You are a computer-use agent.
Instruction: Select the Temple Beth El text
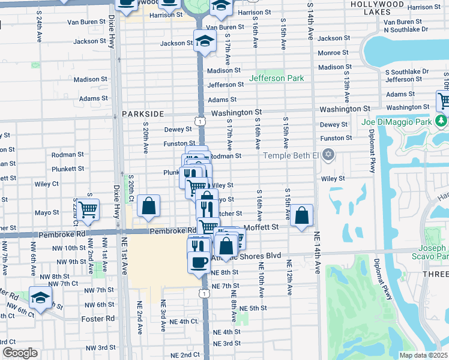[x=291, y=156]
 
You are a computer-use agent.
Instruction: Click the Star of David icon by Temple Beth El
[x=327, y=156]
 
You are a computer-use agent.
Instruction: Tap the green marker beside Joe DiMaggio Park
[x=442, y=122]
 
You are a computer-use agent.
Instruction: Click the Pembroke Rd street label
[x=173, y=230]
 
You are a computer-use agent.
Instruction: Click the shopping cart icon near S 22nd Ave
[x=88, y=209]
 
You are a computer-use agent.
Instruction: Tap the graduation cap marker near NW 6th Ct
[x=40, y=297]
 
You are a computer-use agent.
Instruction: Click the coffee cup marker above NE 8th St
[x=199, y=261]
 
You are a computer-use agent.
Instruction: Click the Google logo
[x=20, y=353]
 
